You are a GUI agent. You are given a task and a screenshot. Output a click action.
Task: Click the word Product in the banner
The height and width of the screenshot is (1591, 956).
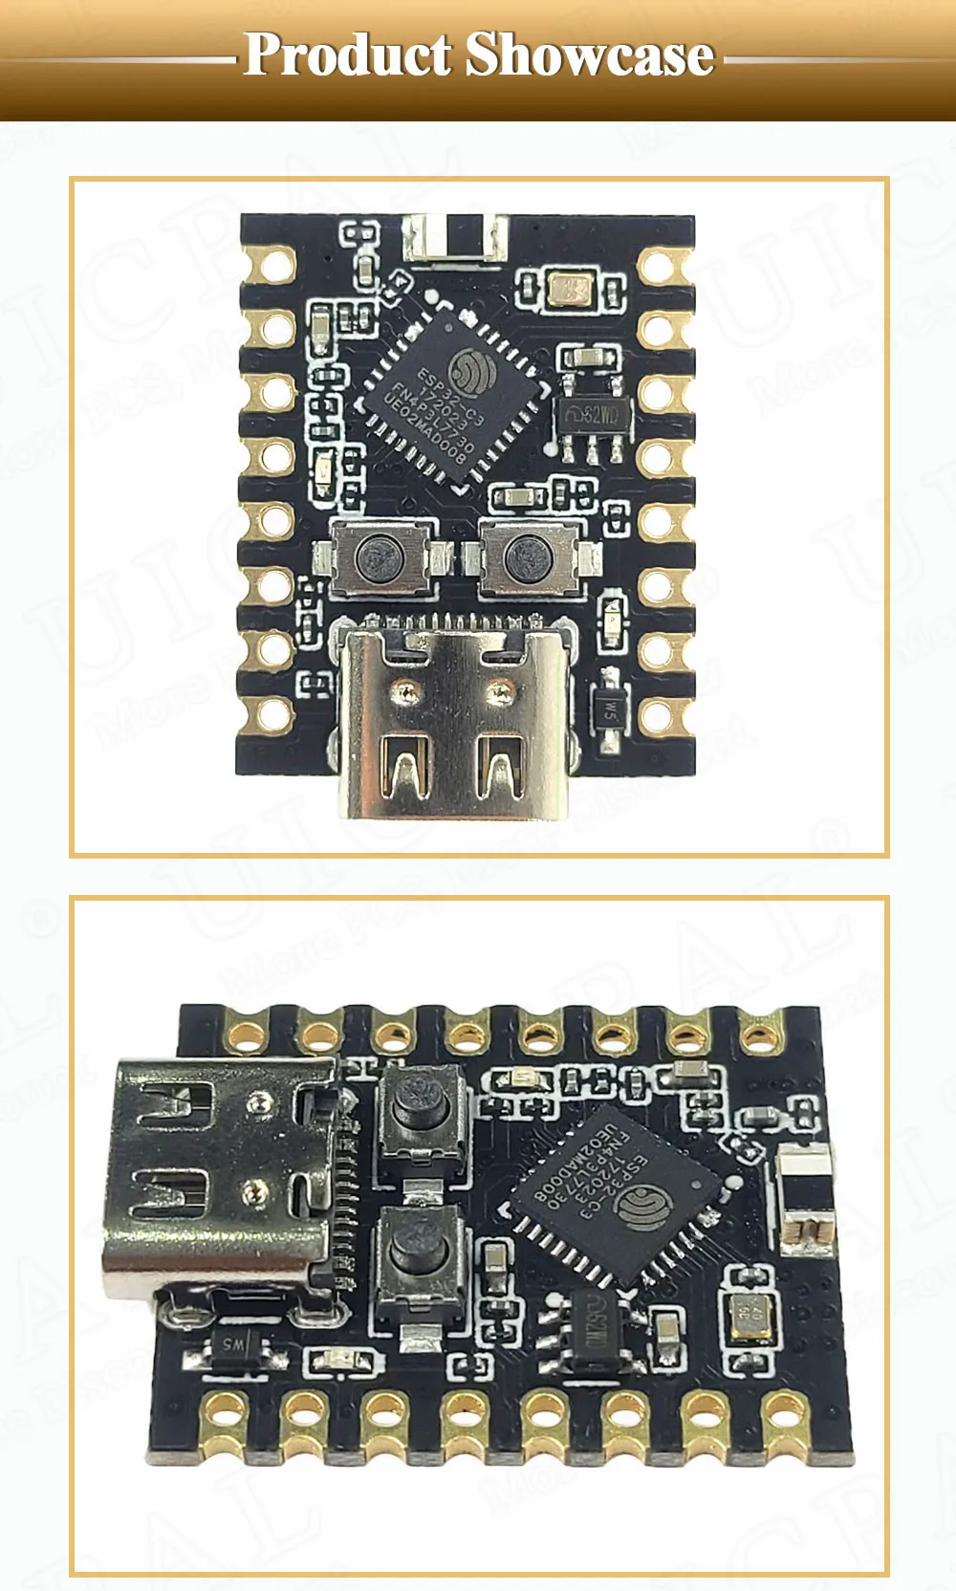click(x=347, y=54)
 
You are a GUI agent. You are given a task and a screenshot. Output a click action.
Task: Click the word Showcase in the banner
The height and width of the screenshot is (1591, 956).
click(x=590, y=54)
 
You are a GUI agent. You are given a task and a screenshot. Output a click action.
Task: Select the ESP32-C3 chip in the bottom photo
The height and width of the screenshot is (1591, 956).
click(x=612, y=1191)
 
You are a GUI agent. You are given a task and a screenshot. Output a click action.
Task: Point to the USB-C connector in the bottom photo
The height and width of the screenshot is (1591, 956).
click(x=220, y=1176)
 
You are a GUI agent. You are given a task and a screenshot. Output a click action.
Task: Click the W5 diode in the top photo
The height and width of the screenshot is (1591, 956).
click(x=609, y=710)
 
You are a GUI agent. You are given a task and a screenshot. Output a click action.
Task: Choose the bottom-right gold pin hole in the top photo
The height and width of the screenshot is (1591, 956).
click(x=659, y=713)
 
